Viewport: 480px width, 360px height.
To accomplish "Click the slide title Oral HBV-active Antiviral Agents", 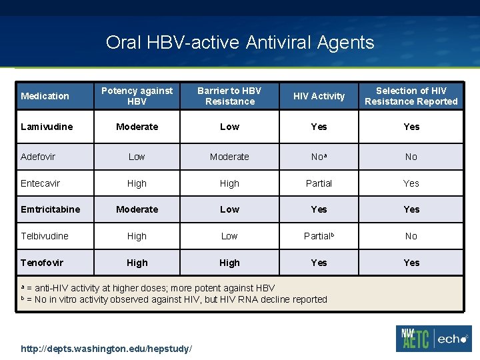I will (x=240, y=43).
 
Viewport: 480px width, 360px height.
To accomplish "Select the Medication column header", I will (x=45, y=96).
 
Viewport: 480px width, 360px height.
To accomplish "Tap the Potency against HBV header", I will (x=137, y=96).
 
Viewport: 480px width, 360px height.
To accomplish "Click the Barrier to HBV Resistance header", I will (x=229, y=96).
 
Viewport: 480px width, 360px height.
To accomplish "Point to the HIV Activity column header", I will (x=319, y=96).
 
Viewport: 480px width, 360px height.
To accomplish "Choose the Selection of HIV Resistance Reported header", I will (x=411, y=96).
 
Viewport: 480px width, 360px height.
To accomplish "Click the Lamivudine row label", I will (x=47, y=127).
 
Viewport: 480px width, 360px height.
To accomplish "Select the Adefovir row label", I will (x=38, y=157).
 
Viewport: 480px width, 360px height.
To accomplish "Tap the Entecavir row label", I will (x=40, y=183).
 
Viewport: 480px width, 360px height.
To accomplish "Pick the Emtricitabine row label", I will (x=50, y=209).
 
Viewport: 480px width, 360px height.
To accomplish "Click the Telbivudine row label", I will (x=44, y=236).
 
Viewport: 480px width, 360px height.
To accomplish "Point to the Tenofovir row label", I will (x=42, y=263).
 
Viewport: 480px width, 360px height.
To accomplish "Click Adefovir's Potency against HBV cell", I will (x=137, y=157).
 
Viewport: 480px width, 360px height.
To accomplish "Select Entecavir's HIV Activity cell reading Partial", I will (x=319, y=183).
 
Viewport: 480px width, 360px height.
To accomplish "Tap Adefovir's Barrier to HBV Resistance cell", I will (x=229, y=157).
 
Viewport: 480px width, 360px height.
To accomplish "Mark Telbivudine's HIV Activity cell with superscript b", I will (x=319, y=236).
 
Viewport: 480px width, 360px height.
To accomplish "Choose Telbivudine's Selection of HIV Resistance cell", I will (x=411, y=236).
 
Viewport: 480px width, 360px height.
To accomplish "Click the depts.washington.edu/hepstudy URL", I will (x=107, y=349).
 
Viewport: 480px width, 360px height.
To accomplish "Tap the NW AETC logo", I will (x=415, y=339).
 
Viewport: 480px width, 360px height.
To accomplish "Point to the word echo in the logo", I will (x=454, y=339).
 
